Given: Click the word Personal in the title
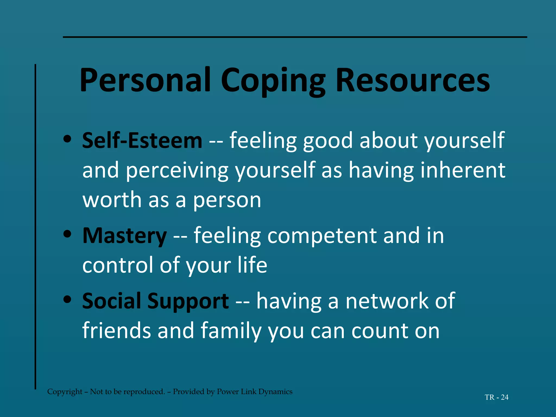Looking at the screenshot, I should click(x=145, y=80).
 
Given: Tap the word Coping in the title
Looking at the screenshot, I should click(x=273, y=81).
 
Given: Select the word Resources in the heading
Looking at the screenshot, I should click(x=413, y=80).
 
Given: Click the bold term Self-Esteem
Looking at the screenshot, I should click(x=142, y=141).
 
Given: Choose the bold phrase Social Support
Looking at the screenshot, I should click(x=155, y=301).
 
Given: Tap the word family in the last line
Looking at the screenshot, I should click(x=231, y=331).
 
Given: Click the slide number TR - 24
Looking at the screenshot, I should click(x=496, y=397).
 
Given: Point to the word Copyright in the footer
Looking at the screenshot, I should click(x=65, y=392).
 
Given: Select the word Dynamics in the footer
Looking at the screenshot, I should click(x=275, y=392).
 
